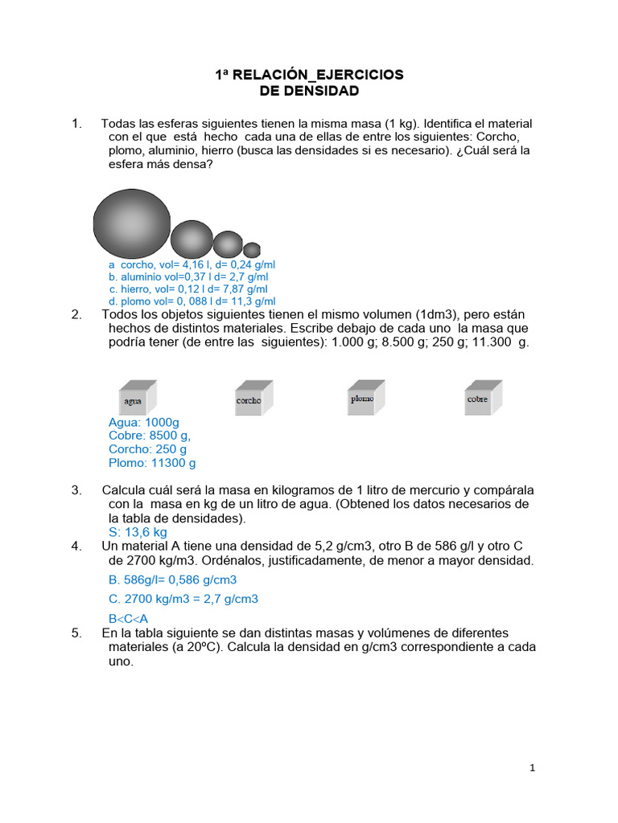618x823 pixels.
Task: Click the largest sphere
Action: (132, 222)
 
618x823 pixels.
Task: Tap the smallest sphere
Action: (252, 249)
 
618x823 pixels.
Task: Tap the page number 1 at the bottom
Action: (532, 768)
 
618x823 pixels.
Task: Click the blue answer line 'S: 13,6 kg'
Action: (138, 532)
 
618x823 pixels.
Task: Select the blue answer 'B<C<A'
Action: (129, 618)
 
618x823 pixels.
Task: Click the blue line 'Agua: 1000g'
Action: (144, 422)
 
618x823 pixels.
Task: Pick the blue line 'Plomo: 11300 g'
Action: (152, 463)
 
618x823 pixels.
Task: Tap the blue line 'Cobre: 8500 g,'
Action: (150, 436)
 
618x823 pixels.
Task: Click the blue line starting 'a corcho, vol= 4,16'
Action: (192, 264)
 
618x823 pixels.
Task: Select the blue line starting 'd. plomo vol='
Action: (189, 301)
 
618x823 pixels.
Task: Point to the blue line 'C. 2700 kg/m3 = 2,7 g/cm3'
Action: (183, 599)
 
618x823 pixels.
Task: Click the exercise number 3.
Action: (76, 490)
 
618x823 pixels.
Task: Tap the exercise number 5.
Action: (76, 633)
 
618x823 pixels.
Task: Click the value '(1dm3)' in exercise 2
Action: (435, 314)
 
